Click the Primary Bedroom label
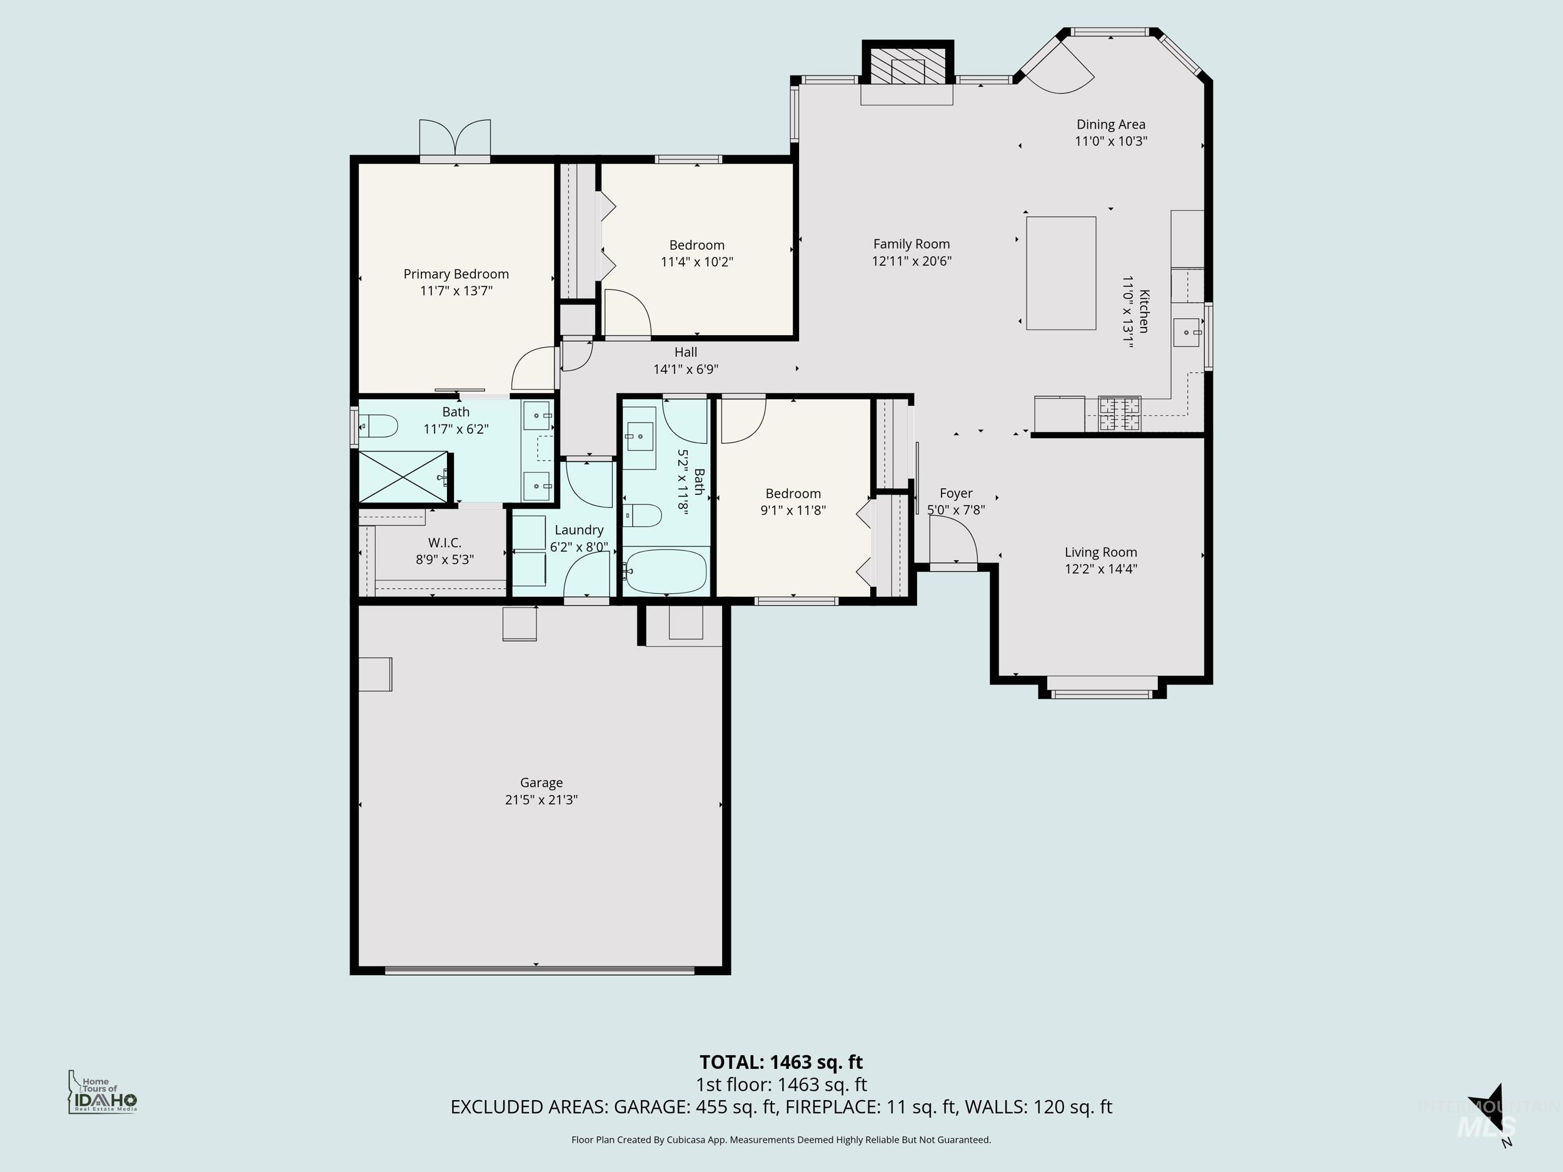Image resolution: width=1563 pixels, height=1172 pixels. tap(456, 274)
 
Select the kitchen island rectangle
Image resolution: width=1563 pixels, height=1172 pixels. tap(1060, 273)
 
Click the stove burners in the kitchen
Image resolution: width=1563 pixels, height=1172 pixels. tap(1119, 414)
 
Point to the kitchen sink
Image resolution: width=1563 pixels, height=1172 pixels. tap(1187, 332)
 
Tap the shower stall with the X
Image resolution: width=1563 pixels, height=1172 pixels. tap(403, 477)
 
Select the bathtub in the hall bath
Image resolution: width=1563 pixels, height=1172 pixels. tap(666, 571)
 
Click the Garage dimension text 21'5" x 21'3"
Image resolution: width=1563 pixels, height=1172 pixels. tap(541, 799)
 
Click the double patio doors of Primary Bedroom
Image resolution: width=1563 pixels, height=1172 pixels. tap(455, 139)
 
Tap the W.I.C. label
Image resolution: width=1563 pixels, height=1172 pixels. tap(445, 543)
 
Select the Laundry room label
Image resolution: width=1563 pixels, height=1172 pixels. tap(579, 530)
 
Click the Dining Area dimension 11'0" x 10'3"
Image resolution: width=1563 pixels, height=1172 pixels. tap(1111, 141)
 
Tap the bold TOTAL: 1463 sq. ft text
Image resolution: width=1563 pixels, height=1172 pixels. tap(781, 1063)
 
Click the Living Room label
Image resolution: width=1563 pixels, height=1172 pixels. tap(1101, 553)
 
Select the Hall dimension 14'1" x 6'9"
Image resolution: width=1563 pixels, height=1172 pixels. tap(685, 369)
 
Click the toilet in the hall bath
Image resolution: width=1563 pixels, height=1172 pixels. tap(642, 516)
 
